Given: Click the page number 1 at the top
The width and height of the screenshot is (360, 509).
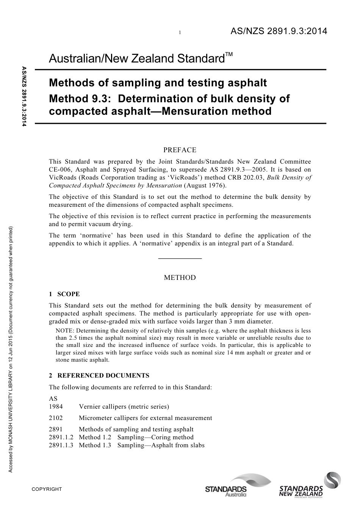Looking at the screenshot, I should click(180, 33).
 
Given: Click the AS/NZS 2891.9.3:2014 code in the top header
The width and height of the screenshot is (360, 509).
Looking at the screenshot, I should click(279, 32).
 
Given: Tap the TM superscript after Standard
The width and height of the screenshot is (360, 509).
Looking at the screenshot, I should click(229, 55).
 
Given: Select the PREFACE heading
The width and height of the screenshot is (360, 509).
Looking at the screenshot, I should click(180, 150).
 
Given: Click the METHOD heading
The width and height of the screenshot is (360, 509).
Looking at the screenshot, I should click(180, 278).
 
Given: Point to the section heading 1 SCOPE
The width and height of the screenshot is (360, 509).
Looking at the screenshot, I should click(64, 294).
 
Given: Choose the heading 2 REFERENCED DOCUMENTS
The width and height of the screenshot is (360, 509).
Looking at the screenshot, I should click(99, 375).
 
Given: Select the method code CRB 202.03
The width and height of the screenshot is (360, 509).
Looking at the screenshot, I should click(244, 177).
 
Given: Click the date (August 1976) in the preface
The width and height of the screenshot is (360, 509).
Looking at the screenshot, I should click(205, 185).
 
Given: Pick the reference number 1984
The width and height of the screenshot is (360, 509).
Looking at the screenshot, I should click(56, 406).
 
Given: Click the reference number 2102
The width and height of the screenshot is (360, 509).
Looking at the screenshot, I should click(56, 418).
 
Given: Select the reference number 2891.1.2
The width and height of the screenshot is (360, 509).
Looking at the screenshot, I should click(61, 437).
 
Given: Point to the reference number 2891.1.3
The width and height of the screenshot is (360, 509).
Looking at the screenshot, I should click(61, 445).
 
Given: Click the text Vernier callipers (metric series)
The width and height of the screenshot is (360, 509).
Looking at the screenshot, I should click(124, 406).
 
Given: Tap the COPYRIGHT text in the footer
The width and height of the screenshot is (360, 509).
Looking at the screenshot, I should click(47, 489).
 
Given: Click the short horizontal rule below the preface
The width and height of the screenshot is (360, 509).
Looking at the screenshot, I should click(180, 258).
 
